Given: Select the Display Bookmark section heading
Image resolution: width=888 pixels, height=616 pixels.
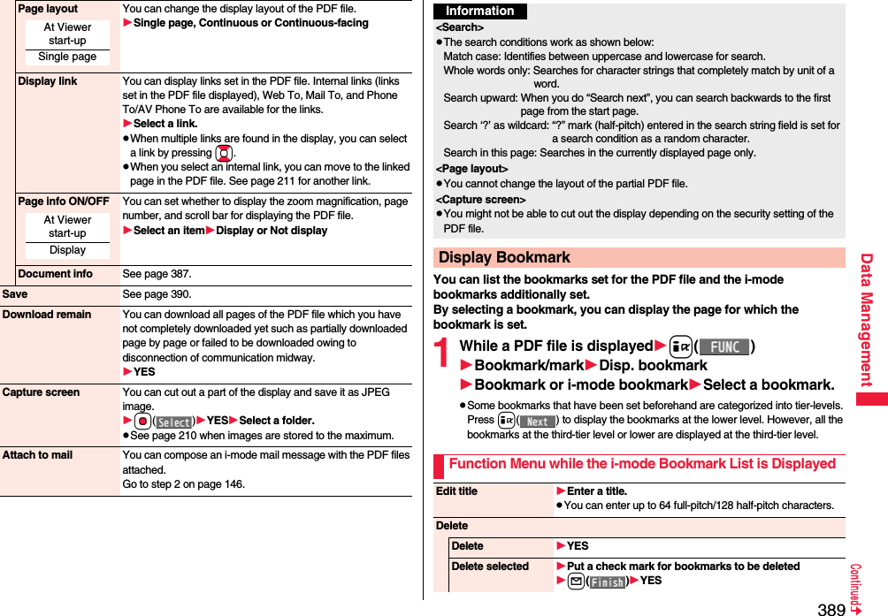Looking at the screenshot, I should click(x=504, y=257).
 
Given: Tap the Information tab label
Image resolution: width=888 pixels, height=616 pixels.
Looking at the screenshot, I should click(x=480, y=11).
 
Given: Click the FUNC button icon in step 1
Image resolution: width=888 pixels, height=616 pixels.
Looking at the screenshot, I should click(x=724, y=346).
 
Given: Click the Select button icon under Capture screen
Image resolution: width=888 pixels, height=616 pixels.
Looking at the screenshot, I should click(x=173, y=422).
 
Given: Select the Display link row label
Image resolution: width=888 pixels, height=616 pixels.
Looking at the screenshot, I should click(x=48, y=81).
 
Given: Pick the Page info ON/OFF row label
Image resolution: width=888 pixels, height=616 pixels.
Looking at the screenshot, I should click(x=64, y=202).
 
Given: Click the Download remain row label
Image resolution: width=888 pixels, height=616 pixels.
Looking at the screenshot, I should click(x=47, y=315).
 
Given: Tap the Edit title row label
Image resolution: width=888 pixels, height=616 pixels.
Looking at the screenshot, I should click(x=456, y=491).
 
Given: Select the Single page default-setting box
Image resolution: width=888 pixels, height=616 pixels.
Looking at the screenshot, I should click(x=67, y=57).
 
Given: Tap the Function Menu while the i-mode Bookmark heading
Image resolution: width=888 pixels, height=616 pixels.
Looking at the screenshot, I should click(x=641, y=464).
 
